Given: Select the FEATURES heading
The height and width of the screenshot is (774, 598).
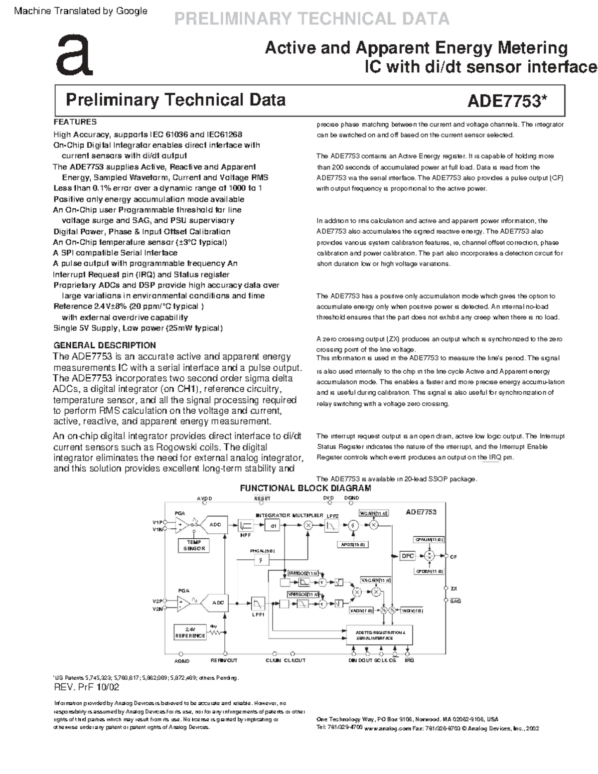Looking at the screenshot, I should pyautogui.click(x=75, y=122).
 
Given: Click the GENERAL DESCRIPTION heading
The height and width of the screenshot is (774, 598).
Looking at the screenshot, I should pyautogui.click(x=105, y=345).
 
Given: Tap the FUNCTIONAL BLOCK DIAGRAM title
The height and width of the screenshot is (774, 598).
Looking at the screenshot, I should pyautogui.click(x=305, y=488).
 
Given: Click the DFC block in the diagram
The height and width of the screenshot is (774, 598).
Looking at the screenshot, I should pyautogui.click(x=408, y=556).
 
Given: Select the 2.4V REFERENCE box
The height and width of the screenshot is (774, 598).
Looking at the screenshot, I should pyautogui.click(x=190, y=632).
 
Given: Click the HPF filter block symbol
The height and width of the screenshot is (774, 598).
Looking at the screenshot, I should pyautogui.click(x=246, y=526).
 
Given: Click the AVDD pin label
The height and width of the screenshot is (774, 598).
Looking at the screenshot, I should pyautogui.click(x=204, y=498).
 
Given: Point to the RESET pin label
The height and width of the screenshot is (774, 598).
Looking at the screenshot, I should pyautogui.click(x=262, y=498).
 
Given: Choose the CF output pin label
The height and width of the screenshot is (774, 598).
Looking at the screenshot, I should pyautogui.click(x=453, y=557).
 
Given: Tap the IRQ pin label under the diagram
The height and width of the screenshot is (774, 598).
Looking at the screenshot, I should pyautogui.click(x=409, y=660).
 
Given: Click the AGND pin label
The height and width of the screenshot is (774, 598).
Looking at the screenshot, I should pyautogui.click(x=182, y=661).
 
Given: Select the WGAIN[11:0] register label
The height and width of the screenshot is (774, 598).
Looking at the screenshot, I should pyautogui.click(x=374, y=513).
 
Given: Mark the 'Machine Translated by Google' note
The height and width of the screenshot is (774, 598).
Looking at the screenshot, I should pyautogui.click(x=81, y=11).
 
